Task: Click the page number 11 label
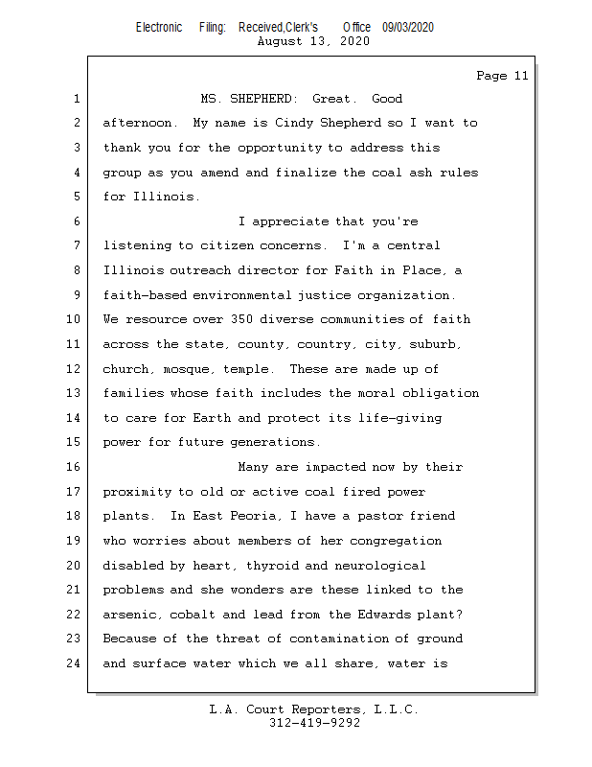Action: coord(502,76)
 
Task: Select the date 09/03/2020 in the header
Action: coord(408,28)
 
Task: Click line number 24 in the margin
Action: coord(73,663)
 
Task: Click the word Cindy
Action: coord(294,124)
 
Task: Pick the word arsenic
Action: coord(131,615)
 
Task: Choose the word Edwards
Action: coord(384,615)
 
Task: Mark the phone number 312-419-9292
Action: coord(314,723)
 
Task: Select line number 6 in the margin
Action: coord(77,221)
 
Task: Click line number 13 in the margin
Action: coord(73,393)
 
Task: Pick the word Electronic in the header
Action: coord(159,28)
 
